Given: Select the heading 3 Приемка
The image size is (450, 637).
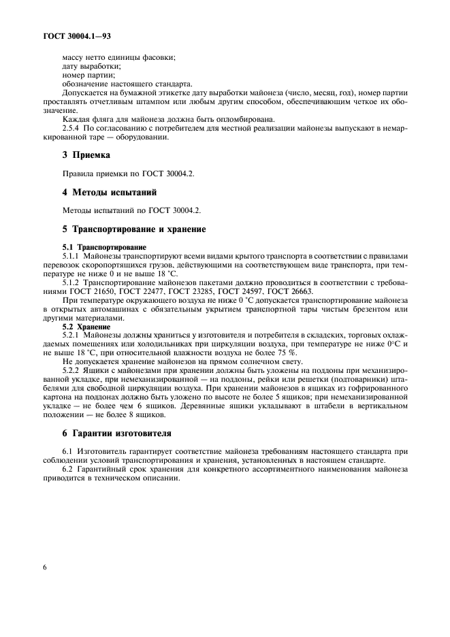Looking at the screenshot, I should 86,155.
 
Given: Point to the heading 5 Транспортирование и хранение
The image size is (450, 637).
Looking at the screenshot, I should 134,229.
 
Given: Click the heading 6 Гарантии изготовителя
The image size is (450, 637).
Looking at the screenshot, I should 116,433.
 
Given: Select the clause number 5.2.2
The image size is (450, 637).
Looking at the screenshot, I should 74,372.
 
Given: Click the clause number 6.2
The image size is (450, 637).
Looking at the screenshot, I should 69,469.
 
